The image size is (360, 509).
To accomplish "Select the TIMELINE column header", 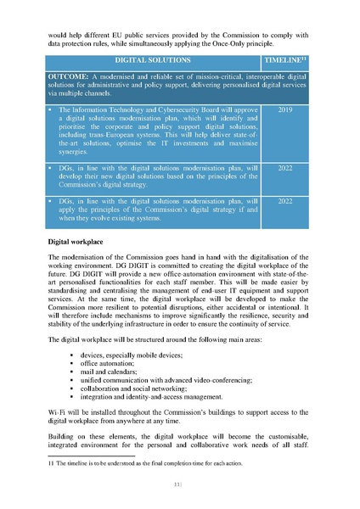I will pyautogui.click(x=284, y=61).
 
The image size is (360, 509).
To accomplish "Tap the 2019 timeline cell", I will pyautogui.click(x=284, y=110).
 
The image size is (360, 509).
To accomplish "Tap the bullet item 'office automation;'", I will pyautogui.click(x=110, y=361).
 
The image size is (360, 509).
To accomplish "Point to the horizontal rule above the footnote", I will pyautogui.click(x=85, y=457).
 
